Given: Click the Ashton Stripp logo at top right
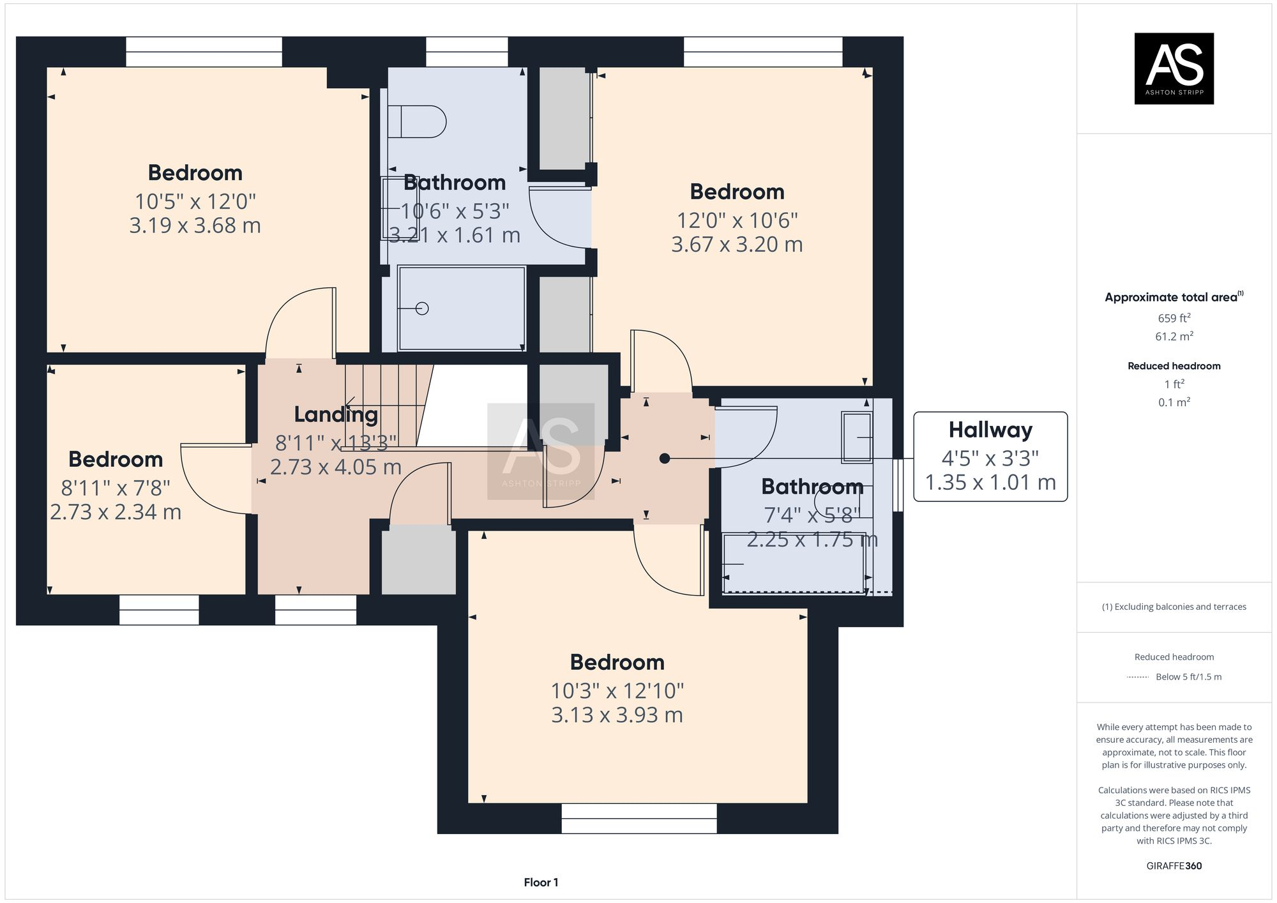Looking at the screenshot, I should point(1174,68).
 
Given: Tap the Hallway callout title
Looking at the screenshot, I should point(990,430).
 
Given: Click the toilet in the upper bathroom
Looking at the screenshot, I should point(416,121).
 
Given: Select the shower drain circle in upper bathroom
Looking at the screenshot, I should point(422,308).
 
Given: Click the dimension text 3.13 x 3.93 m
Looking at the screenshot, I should point(617,715).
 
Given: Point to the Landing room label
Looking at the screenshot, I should point(336,414).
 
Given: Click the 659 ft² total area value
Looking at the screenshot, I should point(1174,318).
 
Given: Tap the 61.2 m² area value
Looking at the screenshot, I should point(1174,336).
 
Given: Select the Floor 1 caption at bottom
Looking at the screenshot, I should point(541,883).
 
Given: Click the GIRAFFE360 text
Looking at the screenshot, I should point(1174,866).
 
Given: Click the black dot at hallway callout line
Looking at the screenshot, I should point(665,459).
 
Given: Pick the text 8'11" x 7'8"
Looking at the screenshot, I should point(116,488).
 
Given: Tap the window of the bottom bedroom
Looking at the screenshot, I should point(638,818).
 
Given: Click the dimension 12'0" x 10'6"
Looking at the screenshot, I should point(737,220).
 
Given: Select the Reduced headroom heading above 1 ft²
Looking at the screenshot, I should point(1174,366).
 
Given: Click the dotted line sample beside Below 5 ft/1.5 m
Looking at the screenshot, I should point(1138,677).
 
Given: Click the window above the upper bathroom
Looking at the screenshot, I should point(467,52).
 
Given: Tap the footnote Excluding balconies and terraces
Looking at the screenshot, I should point(1174,607).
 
